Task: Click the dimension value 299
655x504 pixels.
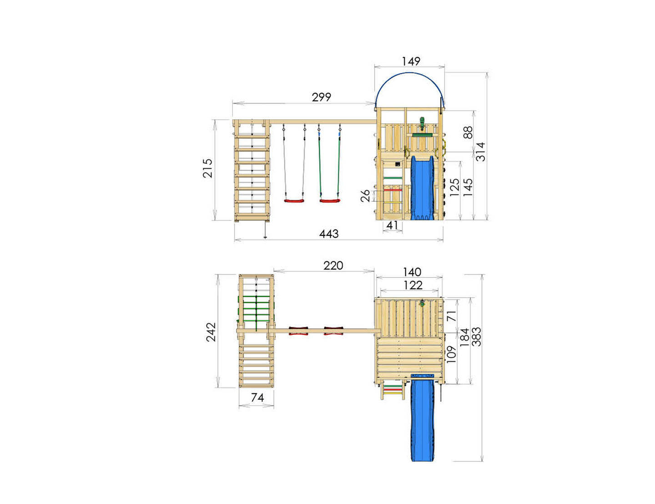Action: (321, 97)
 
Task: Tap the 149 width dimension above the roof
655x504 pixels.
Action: (411, 61)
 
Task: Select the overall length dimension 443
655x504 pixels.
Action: (329, 234)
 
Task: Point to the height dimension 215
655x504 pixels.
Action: (208, 168)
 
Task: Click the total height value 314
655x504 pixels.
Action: (481, 152)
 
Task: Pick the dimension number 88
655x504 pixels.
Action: (468, 132)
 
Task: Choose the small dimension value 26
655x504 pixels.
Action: (365, 195)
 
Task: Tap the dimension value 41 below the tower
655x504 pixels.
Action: (392, 225)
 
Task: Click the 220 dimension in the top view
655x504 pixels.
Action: (333, 266)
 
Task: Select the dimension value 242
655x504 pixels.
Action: (211, 332)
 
